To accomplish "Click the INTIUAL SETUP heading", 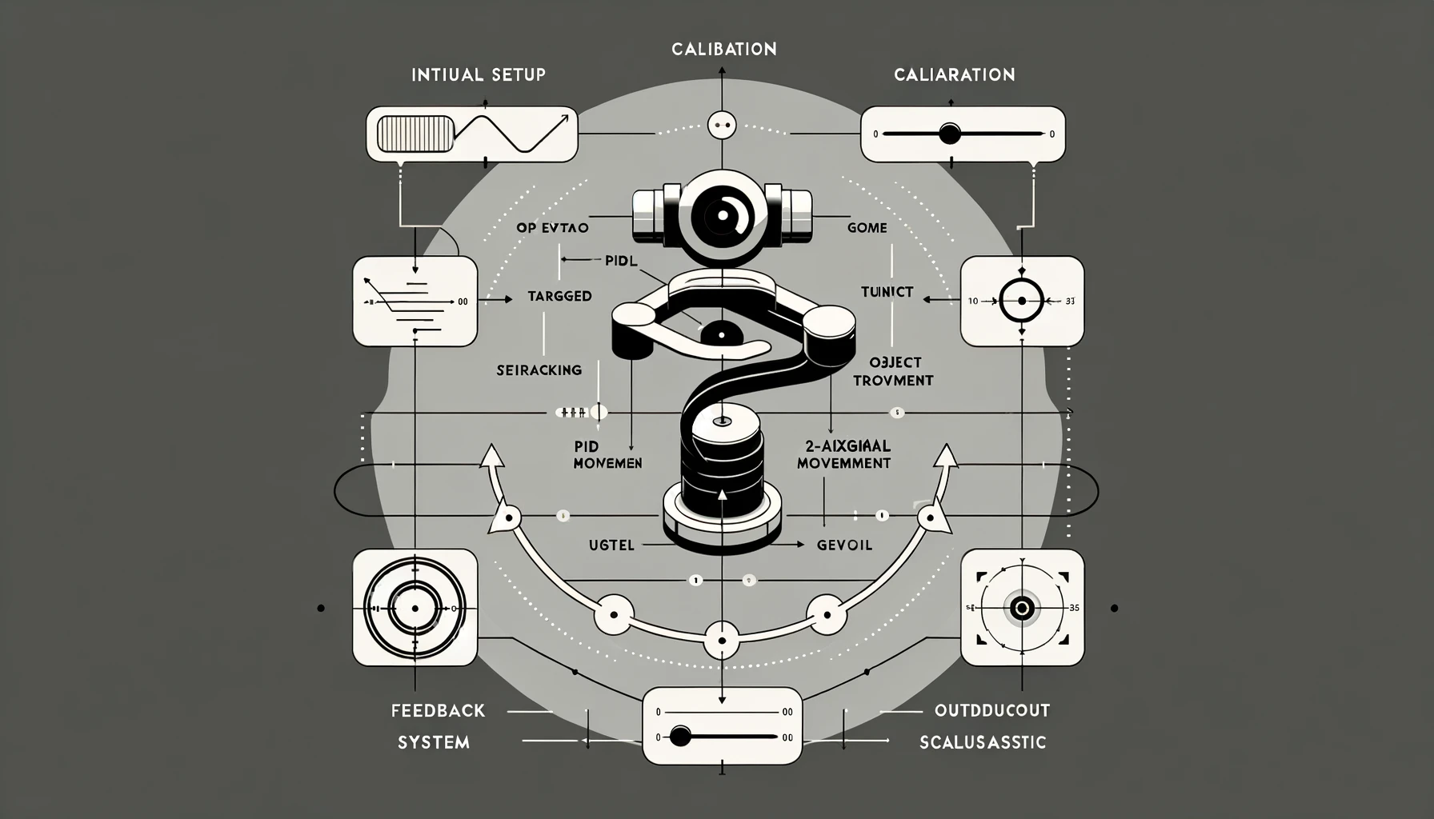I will tap(478, 75).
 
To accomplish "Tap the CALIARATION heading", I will tap(954, 75).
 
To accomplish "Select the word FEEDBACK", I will tap(438, 710).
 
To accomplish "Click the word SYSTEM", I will tap(434, 743).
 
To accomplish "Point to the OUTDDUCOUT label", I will tap(991, 710).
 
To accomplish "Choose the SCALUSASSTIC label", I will tap(983, 743).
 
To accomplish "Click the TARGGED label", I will tap(559, 296).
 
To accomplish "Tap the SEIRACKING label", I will tap(539, 370).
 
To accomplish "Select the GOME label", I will tap(867, 228).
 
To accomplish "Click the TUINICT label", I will tap(887, 292).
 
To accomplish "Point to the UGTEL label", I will tap(611, 545).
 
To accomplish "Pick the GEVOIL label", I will tap(844, 545).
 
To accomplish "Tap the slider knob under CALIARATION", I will tap(949, 134).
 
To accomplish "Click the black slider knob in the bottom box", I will tap(679, 736).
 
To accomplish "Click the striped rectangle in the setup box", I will tap(415, 134).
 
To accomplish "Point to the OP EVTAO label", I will tap(552, 228).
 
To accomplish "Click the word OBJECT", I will tap(895, 363).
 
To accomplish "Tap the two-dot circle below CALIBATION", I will tap(722, 125).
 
